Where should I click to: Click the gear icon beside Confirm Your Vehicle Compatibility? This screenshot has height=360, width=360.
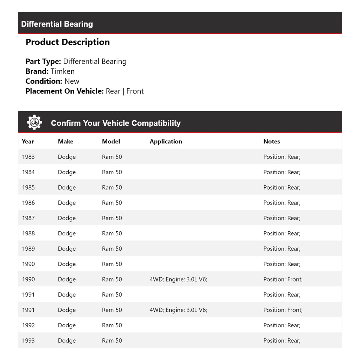[34, 122]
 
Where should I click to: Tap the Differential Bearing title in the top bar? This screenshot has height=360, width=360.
[57, 24]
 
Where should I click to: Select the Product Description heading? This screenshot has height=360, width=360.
[67, 42]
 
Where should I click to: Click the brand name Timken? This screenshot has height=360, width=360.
[63, 71]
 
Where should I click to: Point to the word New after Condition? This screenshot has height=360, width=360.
[72, 81]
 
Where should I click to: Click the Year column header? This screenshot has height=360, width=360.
[28, 142]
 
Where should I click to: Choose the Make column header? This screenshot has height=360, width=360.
[66, 142]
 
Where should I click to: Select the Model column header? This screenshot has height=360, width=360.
[111, 142]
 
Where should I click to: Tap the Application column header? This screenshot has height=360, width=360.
[166, 142]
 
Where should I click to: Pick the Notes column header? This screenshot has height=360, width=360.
[271, 142]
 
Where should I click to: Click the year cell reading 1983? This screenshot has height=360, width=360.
[28, 157]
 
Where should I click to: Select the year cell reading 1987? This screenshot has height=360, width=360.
[28, 218]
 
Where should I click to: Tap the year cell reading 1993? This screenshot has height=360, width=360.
[28, 341]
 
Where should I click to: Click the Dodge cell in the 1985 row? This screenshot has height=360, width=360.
[67, 188]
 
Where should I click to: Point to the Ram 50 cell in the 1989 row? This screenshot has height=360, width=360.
[112, 249]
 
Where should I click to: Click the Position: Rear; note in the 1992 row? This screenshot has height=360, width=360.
[282, 325]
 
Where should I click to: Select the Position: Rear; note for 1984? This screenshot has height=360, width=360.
[282, 172]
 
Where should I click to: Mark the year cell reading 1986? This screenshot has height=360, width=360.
[28, 203]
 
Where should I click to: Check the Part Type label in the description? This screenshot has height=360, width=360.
[43, 62]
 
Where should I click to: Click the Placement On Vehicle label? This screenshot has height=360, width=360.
[64, 91]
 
